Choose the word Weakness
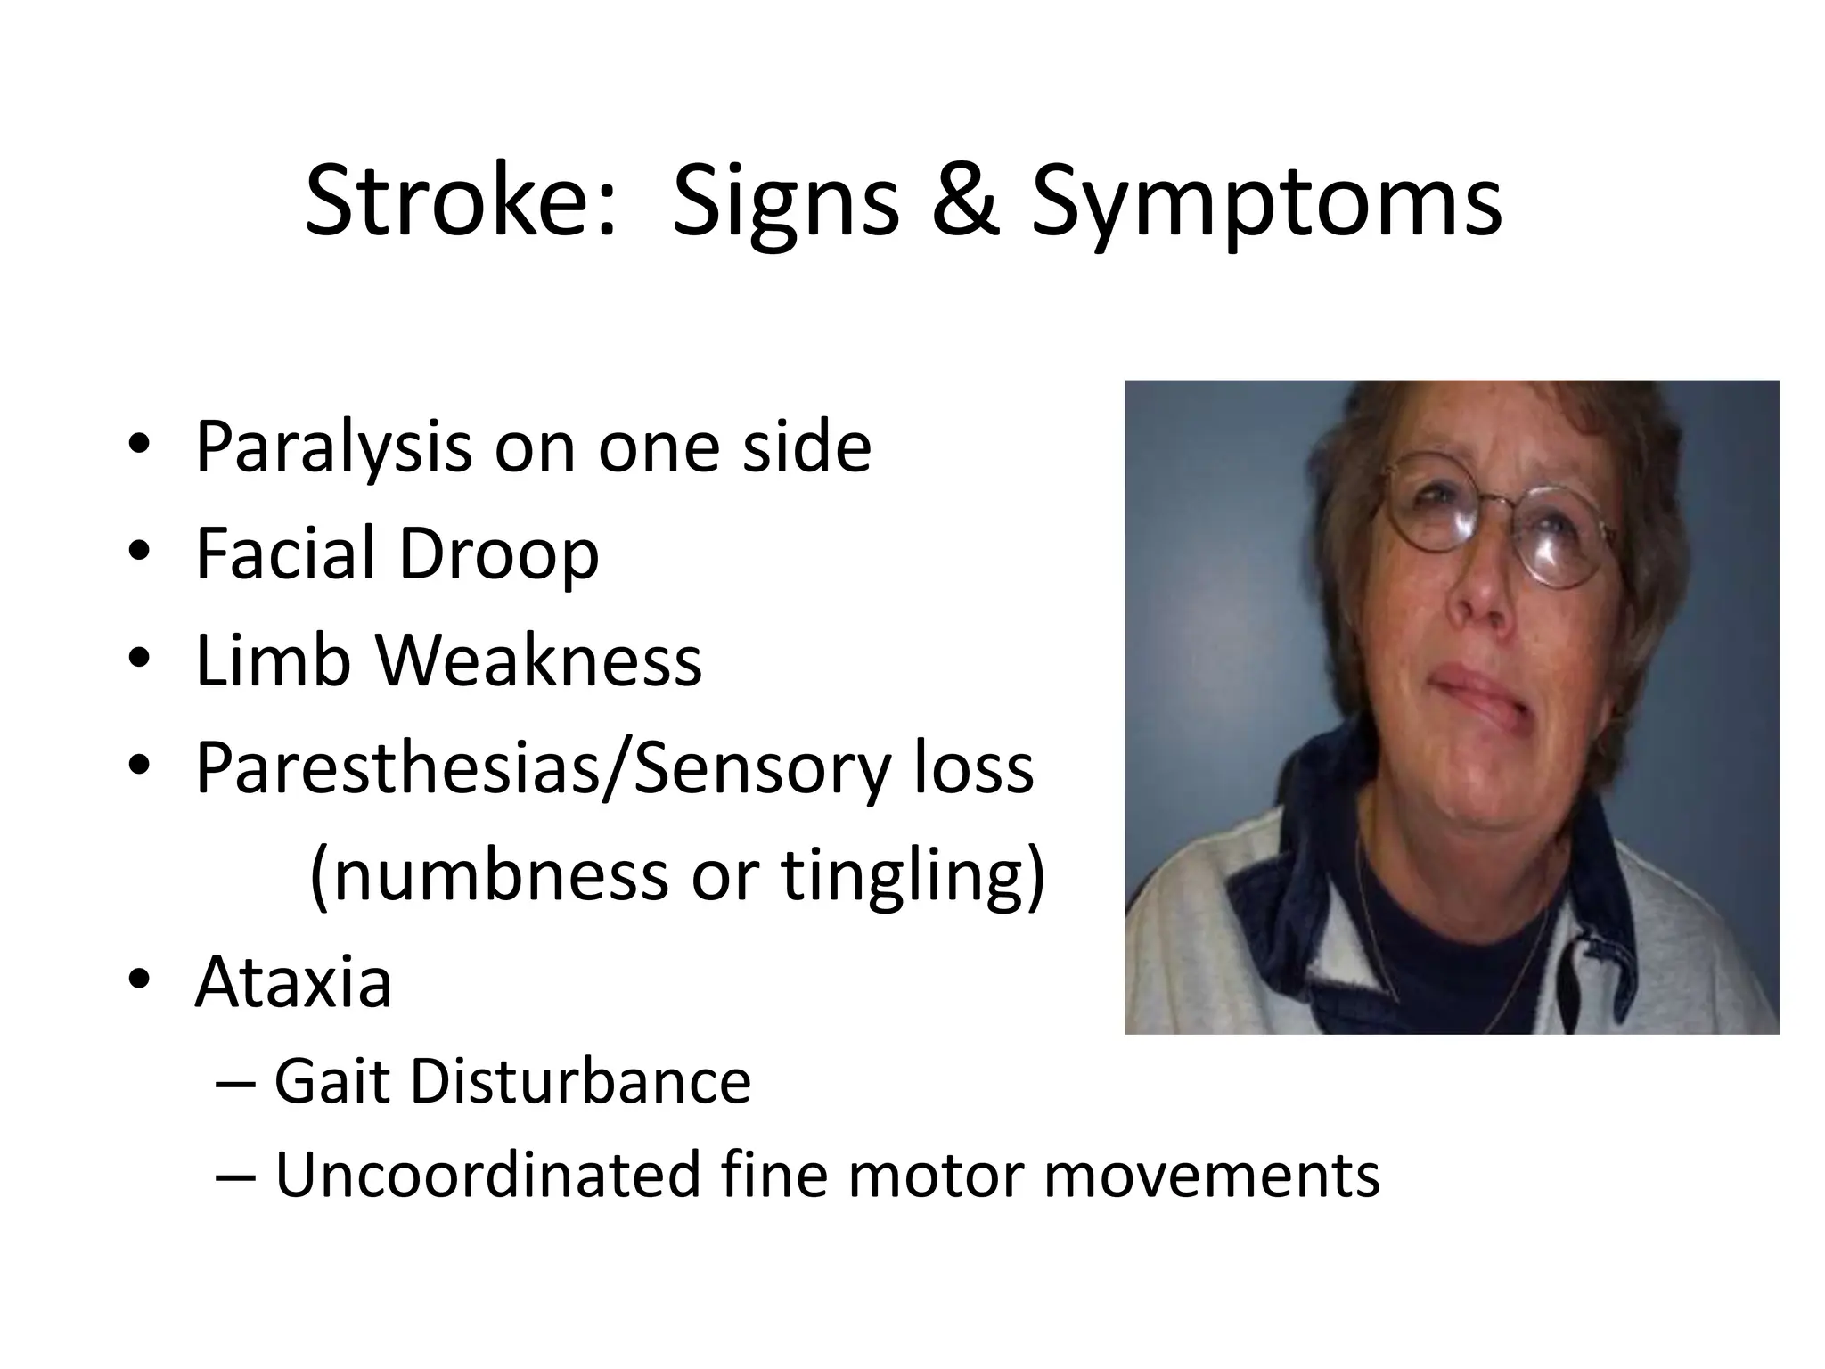point(537,661)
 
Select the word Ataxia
point(293,982)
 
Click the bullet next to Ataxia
point(140,982)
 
